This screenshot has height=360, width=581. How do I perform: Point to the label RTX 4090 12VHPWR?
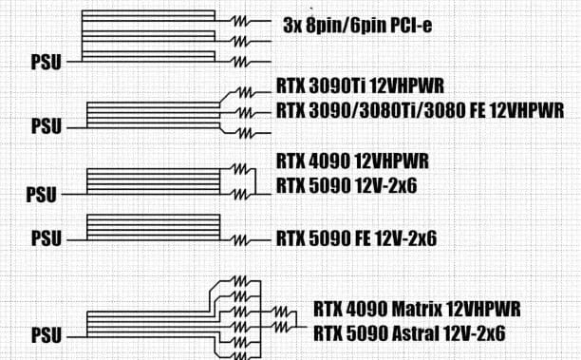click(347, 159)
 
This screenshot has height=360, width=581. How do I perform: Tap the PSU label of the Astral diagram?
click(46, 336)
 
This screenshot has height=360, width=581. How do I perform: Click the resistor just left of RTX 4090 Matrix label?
click(281, 310)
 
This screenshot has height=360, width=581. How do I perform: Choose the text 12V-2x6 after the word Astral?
click(473, 333)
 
